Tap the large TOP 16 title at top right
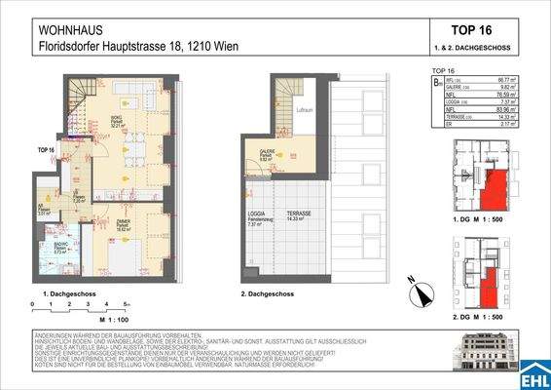476,29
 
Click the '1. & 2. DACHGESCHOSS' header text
477,48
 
